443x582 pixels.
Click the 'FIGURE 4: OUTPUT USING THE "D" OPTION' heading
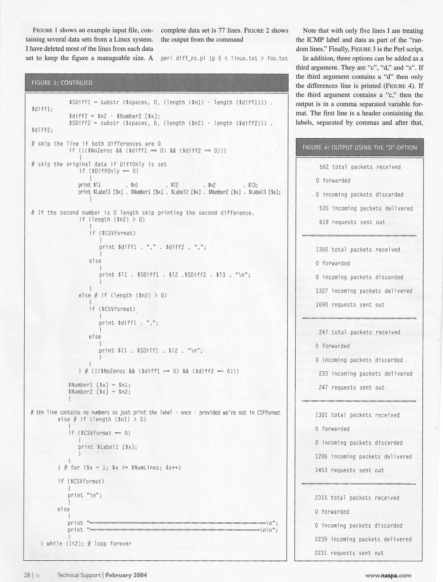tap(359, 147)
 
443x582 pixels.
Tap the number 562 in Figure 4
tap(324, 167)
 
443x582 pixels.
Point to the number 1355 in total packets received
tap(322, 250)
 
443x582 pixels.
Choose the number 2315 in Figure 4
tap(322, 498)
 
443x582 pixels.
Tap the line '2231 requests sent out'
tap(349, 553)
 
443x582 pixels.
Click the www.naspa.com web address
tap(388, 575)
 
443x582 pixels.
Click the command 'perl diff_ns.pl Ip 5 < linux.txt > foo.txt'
tap(224, 59)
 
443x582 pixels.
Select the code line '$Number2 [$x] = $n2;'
tap(99, 392)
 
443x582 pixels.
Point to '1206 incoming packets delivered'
tap(363, 457)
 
